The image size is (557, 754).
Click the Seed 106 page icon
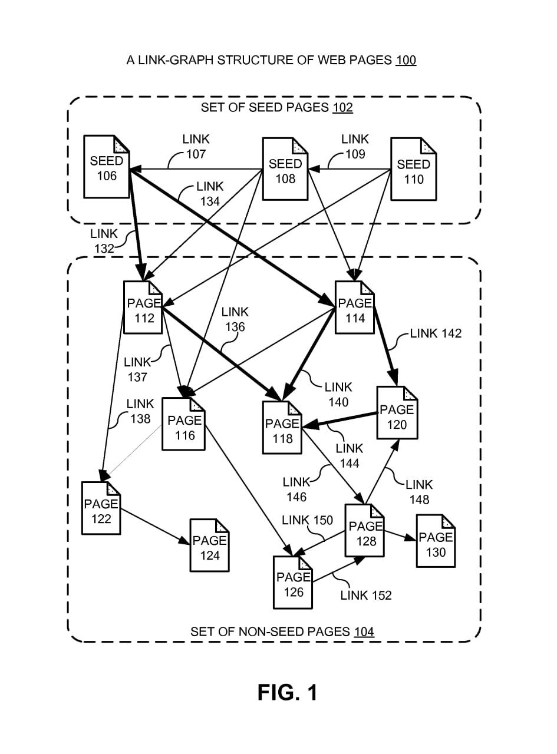pos(107,167)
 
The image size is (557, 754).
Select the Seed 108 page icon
pos(285,170)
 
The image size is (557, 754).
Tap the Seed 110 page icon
pos(414,170)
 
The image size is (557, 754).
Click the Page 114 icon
pos(355,308)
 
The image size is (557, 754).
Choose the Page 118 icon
pos(282,428)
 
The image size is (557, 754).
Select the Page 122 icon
pos(101,508)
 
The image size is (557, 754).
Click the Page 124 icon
pos(209,545)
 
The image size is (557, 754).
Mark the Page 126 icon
pos(293,583)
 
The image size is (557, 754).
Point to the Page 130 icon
pos(436,541)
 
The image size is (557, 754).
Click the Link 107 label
pos(196,147)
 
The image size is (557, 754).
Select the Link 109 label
pos(355,147)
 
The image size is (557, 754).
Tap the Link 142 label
pos(436,333)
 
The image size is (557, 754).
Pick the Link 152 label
pos(366,596)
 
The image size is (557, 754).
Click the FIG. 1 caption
pos(287,692)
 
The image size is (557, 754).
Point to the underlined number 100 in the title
pos(406,60)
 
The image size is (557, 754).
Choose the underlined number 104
pos(364,632)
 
